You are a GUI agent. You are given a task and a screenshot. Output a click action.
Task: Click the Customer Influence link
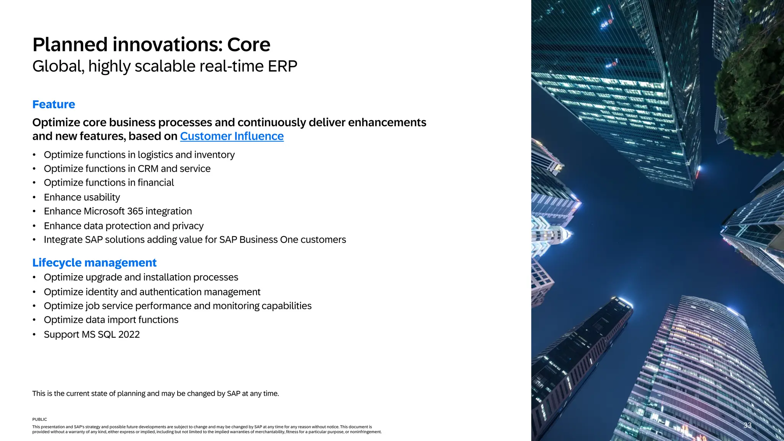coord(232,136)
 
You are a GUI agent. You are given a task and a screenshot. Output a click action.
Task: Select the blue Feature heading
coord(54,105)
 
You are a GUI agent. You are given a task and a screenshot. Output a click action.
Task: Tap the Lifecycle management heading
coord(94,263)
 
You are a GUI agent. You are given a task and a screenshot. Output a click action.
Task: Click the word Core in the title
coord(248,45)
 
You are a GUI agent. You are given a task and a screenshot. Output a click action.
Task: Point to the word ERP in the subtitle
coord(282,66)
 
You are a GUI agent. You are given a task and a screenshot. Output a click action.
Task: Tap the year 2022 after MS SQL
coord(129,335)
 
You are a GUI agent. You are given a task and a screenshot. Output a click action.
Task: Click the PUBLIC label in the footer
coord(39,420)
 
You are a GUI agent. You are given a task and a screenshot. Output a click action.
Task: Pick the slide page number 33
coord(747,425)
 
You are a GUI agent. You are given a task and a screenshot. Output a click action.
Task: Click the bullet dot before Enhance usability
coord(34,198)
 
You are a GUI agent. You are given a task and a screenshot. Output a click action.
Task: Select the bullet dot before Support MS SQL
coord(34,335)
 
